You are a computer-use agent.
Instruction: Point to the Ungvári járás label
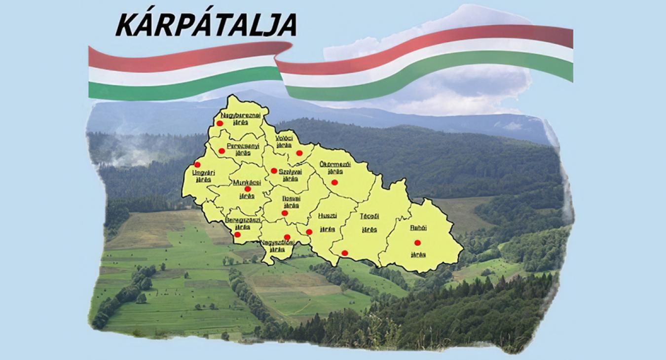[203, 175]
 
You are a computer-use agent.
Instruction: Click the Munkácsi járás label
[247, 188]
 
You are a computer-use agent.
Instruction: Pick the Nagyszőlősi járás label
[278, 246]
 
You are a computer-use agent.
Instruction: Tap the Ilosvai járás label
[291, 202]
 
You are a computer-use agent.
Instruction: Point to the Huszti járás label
[327, 222]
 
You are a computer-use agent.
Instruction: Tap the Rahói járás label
[418, 232]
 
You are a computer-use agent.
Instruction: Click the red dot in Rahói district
[417, 243]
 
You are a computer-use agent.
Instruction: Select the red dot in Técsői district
[345, 253]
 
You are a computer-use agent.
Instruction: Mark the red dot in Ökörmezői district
[334, 182]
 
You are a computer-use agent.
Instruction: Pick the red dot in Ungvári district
[197, 165]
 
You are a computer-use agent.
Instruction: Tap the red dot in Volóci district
[299, 153]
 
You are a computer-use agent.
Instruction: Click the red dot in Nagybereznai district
[220, 123]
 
